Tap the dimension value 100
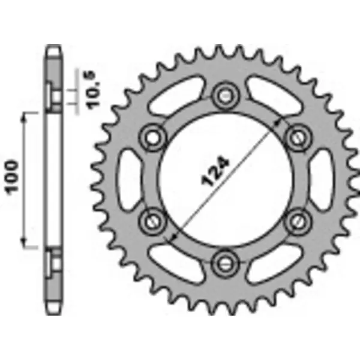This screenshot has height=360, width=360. [13, 178]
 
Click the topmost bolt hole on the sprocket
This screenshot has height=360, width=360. [226, 94]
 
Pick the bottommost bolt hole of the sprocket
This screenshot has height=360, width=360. [226, 261]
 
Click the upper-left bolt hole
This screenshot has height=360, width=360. [153, 136]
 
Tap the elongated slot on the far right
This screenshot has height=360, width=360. [322, 178]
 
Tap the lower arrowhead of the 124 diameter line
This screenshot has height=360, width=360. [173, 236]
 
